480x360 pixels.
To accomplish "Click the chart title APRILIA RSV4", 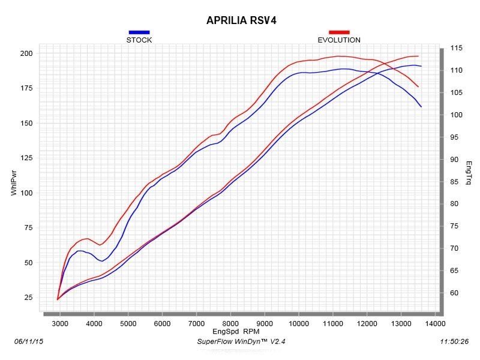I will [241, 20].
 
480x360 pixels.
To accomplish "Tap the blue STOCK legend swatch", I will [139, 32].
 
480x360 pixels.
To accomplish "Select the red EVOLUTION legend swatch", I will [339, 32].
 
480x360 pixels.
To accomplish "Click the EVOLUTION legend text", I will [339, 40].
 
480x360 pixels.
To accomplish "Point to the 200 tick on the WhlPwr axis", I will [26, 53].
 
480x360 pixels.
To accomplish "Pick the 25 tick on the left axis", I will [28, 298].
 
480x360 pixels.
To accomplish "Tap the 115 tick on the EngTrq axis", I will [455, 48].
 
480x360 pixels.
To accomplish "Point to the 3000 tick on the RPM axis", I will [60, 323].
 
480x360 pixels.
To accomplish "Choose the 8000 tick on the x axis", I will [230, 323].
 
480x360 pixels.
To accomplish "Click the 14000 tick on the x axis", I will [435, 323].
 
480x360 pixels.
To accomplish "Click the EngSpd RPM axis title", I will [235, 331].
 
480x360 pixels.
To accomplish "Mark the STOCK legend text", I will [139, 40].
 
